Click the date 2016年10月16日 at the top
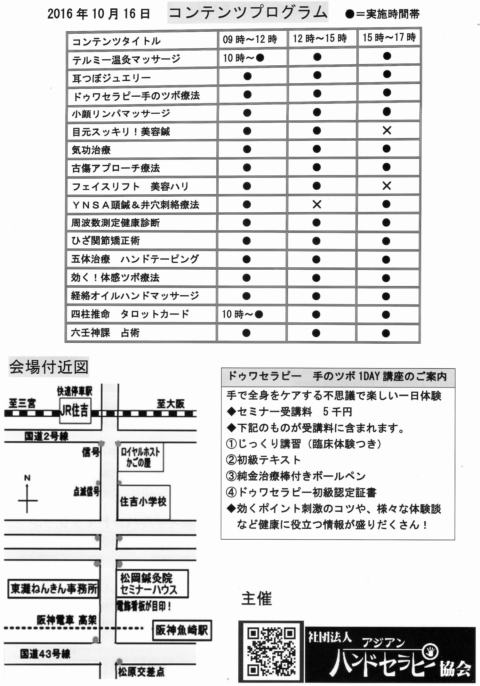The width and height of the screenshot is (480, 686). (99, 14)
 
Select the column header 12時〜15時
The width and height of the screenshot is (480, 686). (320, 39)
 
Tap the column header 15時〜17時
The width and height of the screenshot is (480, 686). (389, 38)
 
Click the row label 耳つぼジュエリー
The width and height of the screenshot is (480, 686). (111, 78)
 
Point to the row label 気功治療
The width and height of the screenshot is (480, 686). (91, 150)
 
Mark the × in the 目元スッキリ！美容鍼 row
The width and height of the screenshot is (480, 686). (387, 130)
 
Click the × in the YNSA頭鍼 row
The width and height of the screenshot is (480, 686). (317, 204)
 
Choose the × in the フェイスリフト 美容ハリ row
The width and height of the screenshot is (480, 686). (387, 186)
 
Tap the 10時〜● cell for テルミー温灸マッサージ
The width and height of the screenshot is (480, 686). (244, 58)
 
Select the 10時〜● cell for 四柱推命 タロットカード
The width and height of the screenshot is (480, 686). (243, 314)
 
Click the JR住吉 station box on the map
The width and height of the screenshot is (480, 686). (75, 411)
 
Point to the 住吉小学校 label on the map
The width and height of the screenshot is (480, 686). (143, 501)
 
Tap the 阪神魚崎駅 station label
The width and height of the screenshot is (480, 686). (181, 630)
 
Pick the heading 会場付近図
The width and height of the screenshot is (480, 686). (49, 367)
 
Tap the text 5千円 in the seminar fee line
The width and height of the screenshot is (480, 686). (337, 412)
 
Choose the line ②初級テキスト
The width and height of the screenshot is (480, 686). (263, 460)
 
